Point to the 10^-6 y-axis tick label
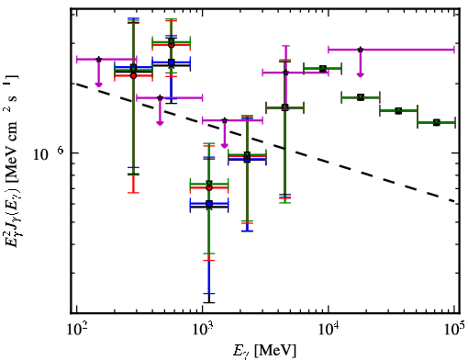coord(49,153)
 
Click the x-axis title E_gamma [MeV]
coord(264,351)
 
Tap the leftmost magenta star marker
coord(98,60)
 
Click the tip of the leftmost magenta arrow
coord(98,86)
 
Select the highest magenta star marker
coord(361,50)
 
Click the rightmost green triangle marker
coord(437,123)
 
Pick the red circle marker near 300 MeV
coord(133,75)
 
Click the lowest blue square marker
coord(209,204)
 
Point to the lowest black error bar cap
coord(209,302)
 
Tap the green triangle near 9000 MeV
coord(322,69)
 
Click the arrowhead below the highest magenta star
coord(361,74)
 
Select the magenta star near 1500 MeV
coord(225,120)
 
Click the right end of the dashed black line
coord(454,202)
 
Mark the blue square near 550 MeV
coord(172,62)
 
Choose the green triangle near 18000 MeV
coord(361,97)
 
